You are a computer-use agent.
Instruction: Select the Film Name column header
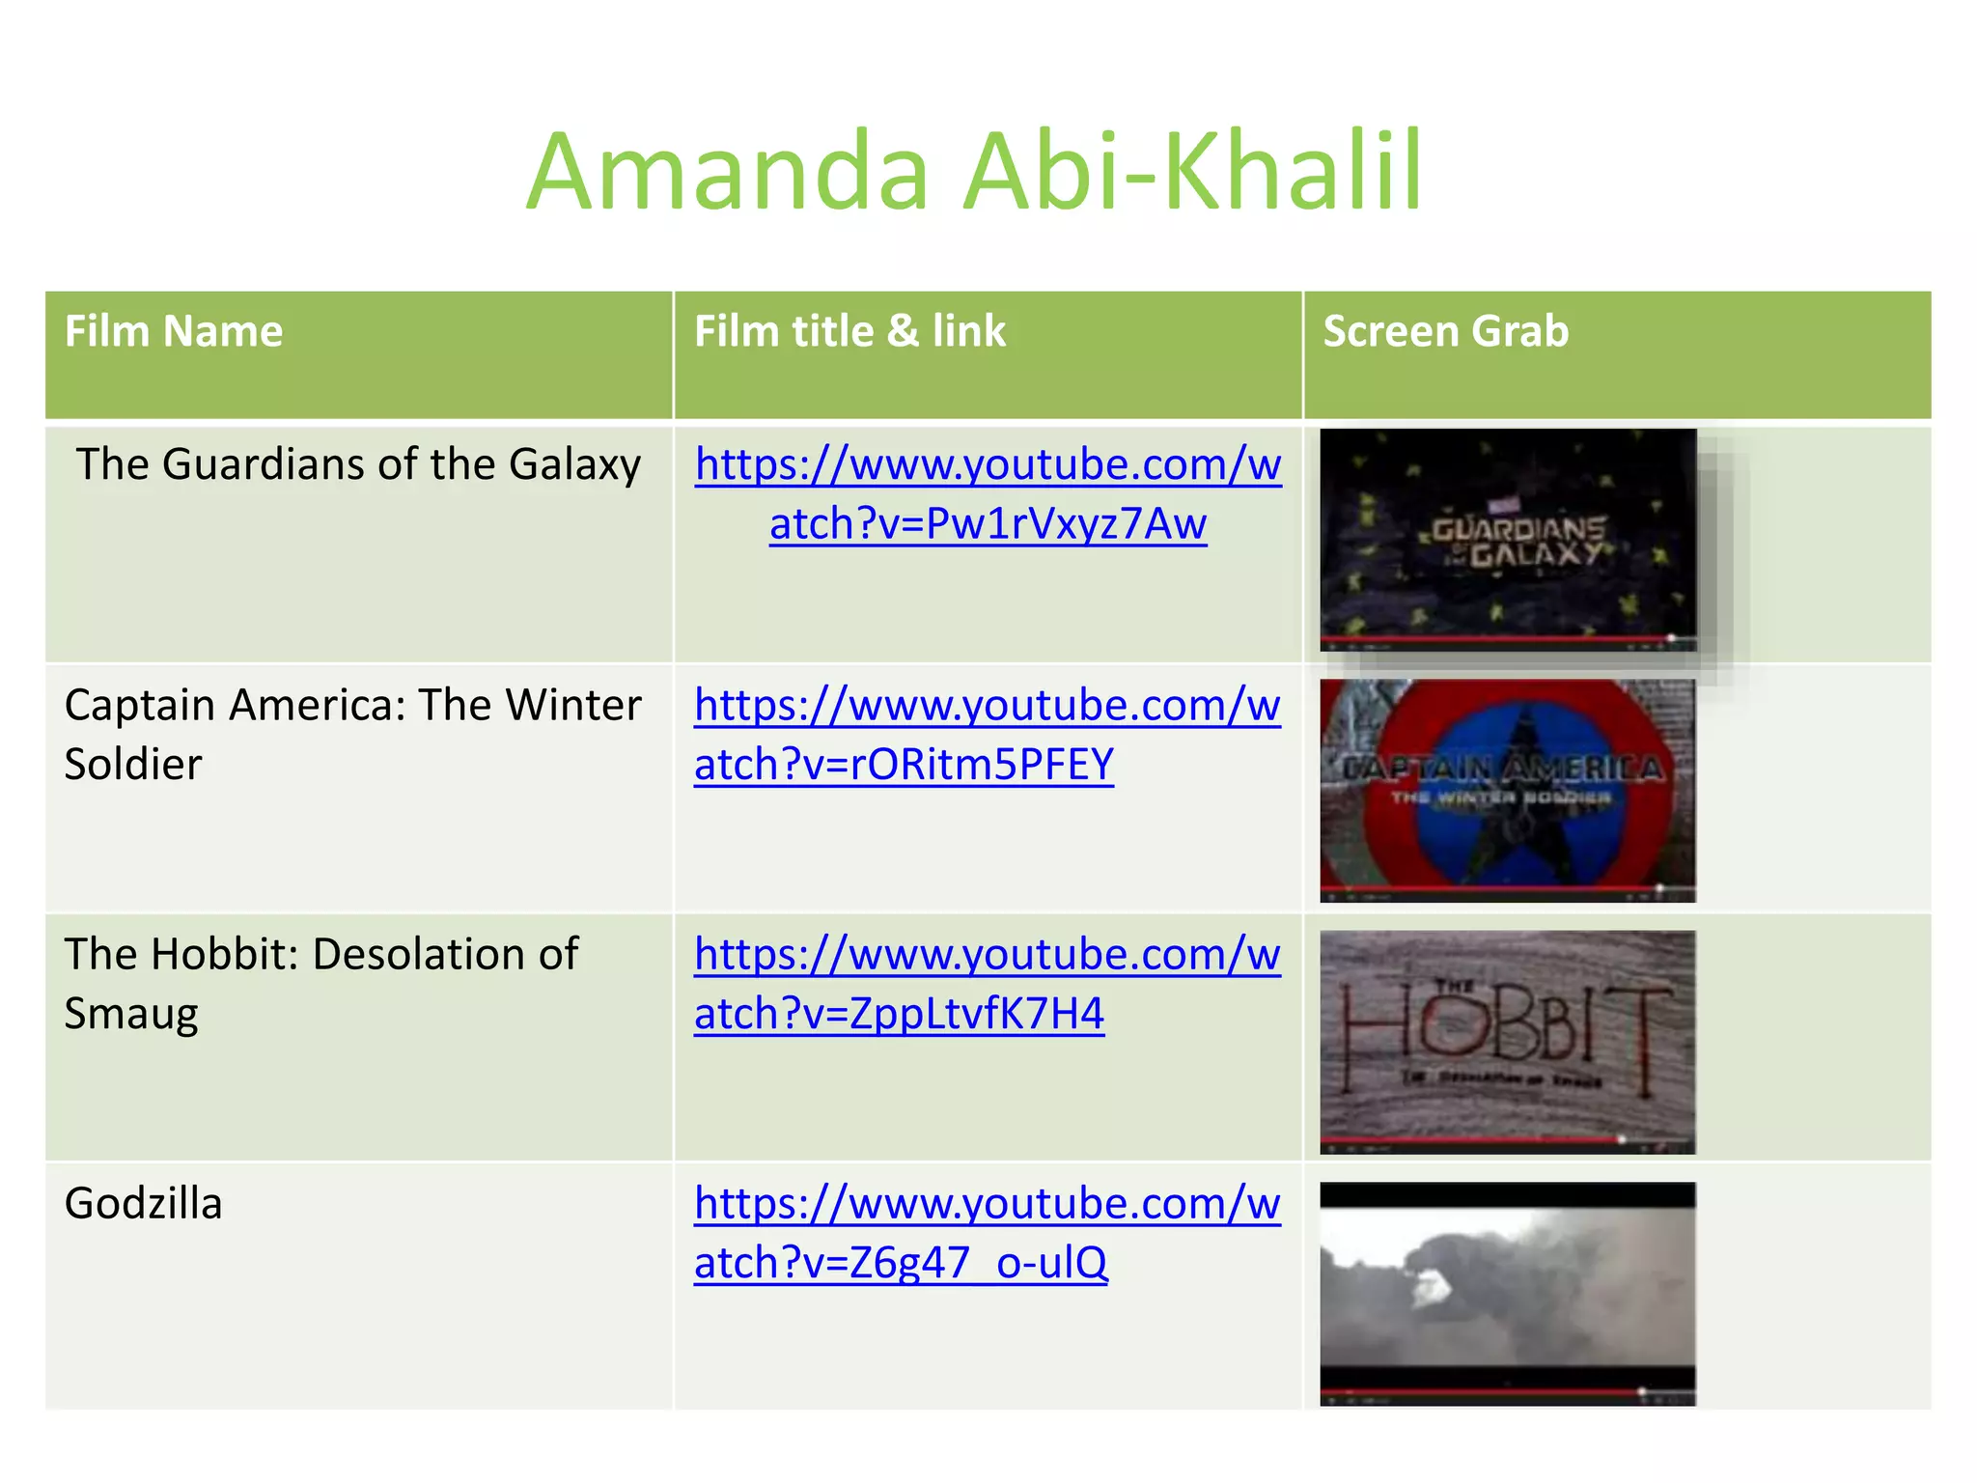click(x=174, y=331)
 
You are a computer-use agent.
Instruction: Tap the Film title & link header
click(x=849, y=331)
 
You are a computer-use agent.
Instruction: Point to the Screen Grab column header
click(x=1445, y=331)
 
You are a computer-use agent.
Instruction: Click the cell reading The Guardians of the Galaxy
click(x=358, y=464)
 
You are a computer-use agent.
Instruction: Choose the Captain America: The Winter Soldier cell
click(x=352, y=734)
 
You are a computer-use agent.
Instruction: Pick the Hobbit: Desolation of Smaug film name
click(x=320, y=983)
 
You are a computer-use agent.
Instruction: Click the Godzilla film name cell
click(x=143, y=1203)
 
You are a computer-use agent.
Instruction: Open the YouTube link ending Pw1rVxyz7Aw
click(x=988, y=494)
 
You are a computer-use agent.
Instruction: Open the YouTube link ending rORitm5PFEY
click(x=987, y=735)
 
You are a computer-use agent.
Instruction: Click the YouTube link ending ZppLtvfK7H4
click(x=987, y=984)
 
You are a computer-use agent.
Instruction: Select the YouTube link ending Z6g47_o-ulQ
click(x=987, y=1233)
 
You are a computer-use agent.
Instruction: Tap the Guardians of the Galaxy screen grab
click(x=1508, y=539)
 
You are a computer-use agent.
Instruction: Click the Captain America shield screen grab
click(x=1508, y=790)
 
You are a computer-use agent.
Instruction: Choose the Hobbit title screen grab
click(x=1508, y=1041)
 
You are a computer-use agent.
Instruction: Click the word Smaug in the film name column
click(x=131, y=1014)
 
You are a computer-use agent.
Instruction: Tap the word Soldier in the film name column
click(x=133, y=765)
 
